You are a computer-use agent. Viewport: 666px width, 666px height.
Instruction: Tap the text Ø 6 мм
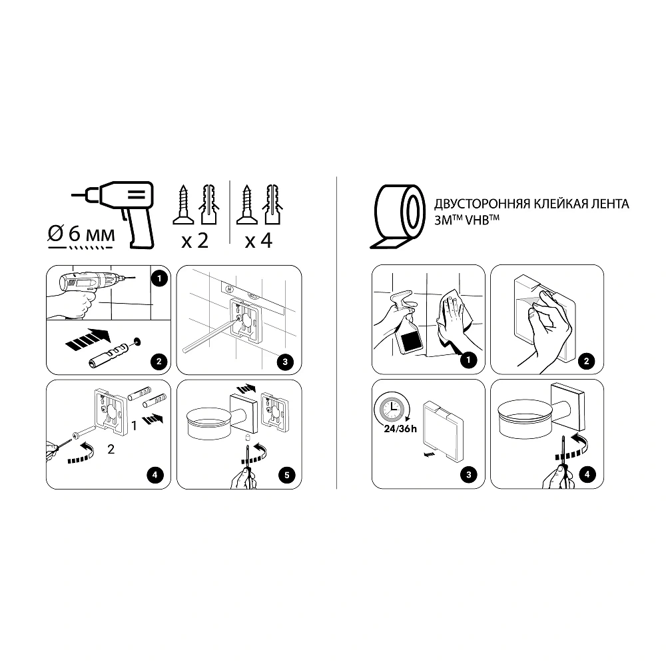pyautogui.click(x=81, y=234)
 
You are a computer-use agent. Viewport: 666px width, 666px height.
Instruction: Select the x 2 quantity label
pyautogui.click(x=195, y=241)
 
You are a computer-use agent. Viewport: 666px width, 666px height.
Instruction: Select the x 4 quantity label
pyautogui.click(x=258, y=241)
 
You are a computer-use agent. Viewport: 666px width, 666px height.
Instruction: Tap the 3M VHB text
pyautogui.click(x=467, y=220)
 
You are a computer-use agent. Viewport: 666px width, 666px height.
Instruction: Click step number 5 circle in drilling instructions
pyautogui.click(x=286, y=475)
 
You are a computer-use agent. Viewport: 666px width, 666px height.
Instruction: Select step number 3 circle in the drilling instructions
pyautogui.click(x=285, y=362)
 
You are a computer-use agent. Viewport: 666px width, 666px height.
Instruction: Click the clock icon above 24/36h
pyautogui.click(x=390, y=409)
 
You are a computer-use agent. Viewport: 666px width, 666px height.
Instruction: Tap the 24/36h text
pyautogui.click(x=400, y=429)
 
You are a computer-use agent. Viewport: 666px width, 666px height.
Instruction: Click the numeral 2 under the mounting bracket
pyautogui.click(x=111, y=450)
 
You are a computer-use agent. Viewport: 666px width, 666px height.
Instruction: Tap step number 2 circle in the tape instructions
pyautogui.click(x=587, y=361)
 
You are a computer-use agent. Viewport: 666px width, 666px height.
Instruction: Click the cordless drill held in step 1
pyautogui.click(x=91, y=282)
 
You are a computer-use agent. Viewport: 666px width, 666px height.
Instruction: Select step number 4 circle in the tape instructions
pyautogui.click(x=587, y=474)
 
